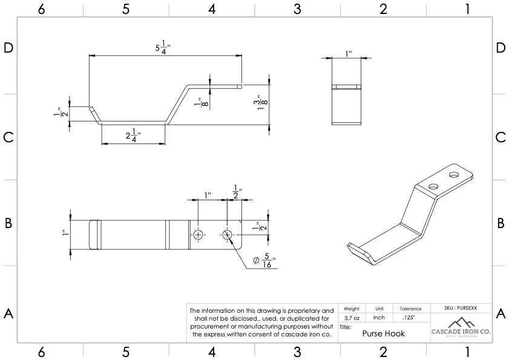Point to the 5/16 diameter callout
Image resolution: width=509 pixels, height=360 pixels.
264,261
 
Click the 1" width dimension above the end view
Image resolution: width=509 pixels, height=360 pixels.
348,54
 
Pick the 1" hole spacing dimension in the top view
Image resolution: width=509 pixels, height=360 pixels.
208,195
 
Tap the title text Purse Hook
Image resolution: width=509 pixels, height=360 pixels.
383,333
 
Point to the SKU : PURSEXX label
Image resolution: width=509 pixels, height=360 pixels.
461,308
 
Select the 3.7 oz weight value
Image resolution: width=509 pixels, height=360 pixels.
352,317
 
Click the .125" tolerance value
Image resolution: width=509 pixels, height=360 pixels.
410,317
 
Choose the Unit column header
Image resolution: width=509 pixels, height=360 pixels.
379,309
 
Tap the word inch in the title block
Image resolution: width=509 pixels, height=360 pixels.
379,317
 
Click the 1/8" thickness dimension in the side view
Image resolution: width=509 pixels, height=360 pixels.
197,103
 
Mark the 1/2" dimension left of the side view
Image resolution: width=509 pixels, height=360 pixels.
59,112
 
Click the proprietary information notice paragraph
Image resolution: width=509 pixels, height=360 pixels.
261,322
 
